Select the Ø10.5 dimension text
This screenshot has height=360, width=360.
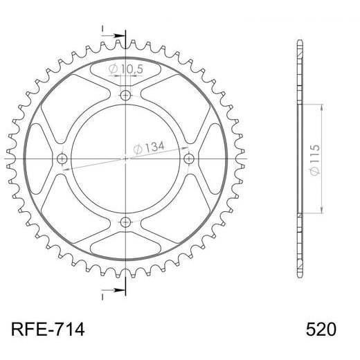coord(126,69)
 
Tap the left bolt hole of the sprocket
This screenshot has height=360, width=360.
coord(62,159)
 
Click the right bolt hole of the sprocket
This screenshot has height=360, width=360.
coord(188,159)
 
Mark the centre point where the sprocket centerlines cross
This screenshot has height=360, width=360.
coord(125,159)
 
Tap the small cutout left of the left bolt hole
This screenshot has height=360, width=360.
coord(40,159)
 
